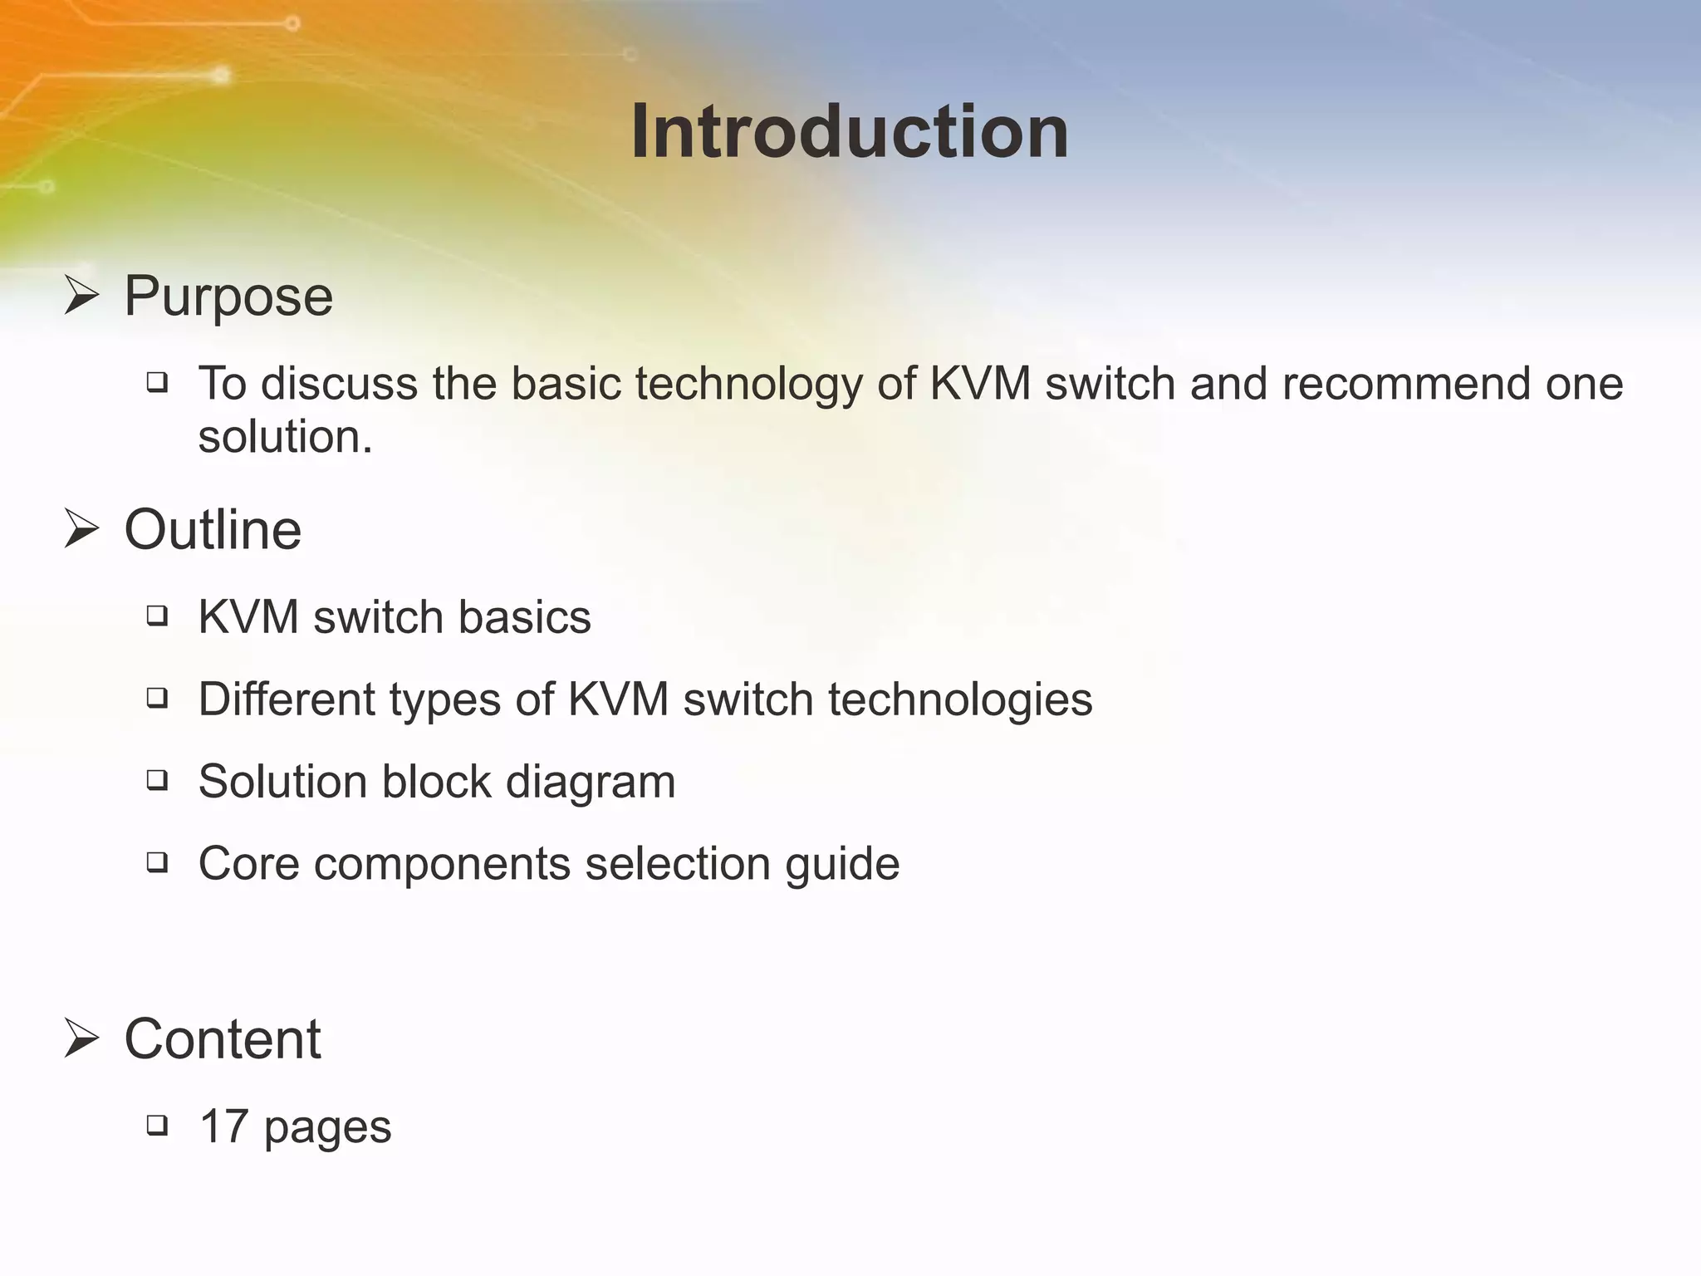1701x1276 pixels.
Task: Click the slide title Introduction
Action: point(850,132)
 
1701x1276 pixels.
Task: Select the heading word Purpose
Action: point(228,296)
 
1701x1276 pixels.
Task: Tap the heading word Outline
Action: point(213,530)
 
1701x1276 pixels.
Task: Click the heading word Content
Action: point(223,1039)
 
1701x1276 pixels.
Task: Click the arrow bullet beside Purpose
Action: point(81,297)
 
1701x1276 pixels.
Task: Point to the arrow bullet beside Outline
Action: point(81,530)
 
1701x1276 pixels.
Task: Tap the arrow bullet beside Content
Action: point(81,1039)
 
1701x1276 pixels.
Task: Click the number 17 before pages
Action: point(224,1126)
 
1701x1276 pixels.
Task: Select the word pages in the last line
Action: point(327,1130)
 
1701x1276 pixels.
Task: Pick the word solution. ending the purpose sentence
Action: point(285,437)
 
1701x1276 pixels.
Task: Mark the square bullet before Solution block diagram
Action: point(157,780)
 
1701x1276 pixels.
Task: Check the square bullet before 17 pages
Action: point(157,1126)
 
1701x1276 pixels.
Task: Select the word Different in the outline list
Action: point(287,699)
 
